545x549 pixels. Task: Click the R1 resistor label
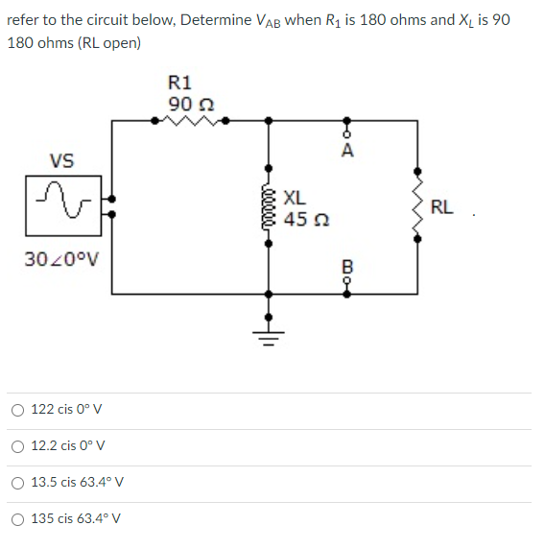179,83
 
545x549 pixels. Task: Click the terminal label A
346,151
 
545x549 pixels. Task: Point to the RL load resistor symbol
417,206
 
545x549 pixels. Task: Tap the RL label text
442,206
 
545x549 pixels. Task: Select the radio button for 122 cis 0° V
18,410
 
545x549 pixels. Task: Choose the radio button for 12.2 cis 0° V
18,446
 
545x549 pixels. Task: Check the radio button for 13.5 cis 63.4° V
18,483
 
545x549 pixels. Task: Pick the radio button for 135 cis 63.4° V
18,519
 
